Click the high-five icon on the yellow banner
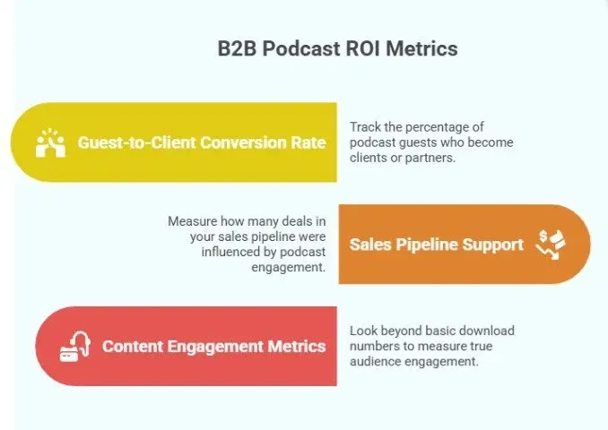(50, 142)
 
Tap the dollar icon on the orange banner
(550, 244)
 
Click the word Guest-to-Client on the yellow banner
(135, 142)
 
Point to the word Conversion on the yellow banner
(241, 142)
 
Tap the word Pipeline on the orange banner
(430, 244)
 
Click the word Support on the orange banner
(494, 244)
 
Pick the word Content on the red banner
(135, 346)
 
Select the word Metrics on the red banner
(297, 346)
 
